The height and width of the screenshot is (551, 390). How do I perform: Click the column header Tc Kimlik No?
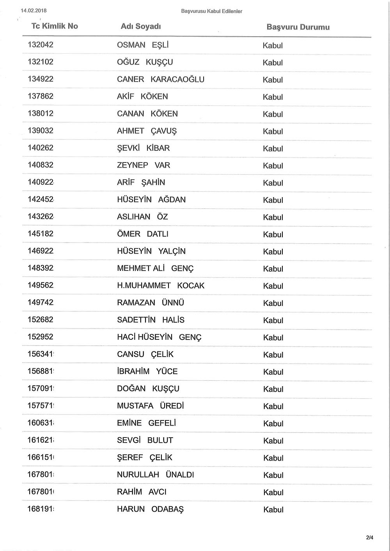click(x=55, y=26)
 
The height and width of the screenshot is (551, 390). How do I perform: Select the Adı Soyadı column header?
click(x=141, y=26)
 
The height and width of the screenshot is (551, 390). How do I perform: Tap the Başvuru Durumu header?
click(x=298, y=27)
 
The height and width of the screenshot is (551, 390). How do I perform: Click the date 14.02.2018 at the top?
click(x=34, y=11)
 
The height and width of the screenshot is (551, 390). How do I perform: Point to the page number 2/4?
click(x=370, y=538)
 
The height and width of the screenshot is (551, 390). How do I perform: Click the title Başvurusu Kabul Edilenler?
click(x=212, y=11)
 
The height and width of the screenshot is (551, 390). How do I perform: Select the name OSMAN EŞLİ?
click(x=143, y=45)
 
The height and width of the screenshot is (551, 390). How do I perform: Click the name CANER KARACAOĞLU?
click(x=161, y=79)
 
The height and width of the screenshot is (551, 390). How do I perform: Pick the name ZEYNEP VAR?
click(x=144, y=165)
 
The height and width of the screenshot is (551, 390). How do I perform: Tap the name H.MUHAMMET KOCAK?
click(x=161, y=286)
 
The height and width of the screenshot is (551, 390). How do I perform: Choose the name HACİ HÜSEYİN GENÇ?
click(x=159, y=337)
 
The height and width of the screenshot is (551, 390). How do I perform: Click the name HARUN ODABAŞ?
click(x=150, y=509)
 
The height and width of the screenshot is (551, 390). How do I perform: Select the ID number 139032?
click(x=41, y=131)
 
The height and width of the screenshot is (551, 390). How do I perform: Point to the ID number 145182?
click(x=41, y=234)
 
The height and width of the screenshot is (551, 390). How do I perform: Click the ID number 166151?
click(x=41, y=457)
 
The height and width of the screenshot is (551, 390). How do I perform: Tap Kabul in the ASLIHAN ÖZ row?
click(x=273, y=217)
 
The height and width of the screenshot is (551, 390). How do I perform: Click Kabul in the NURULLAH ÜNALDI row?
click(x=273, y=475)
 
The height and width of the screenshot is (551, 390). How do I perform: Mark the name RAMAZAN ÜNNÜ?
click(x=151, y=303)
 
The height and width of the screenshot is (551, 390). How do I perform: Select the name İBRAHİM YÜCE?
click(x=147, y=371)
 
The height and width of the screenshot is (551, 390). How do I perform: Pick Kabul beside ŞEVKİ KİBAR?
click(x=273, y=149)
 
